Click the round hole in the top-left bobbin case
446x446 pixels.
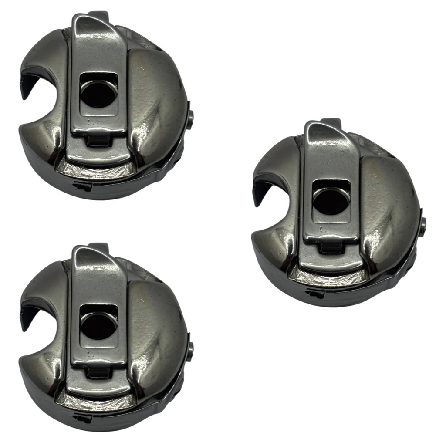(x=98, y=94)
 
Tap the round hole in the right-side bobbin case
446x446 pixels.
(x=331, y=202)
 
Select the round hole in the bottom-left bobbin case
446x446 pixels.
(x=98, y=326)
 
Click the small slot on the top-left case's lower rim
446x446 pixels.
(x=83, y=187)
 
